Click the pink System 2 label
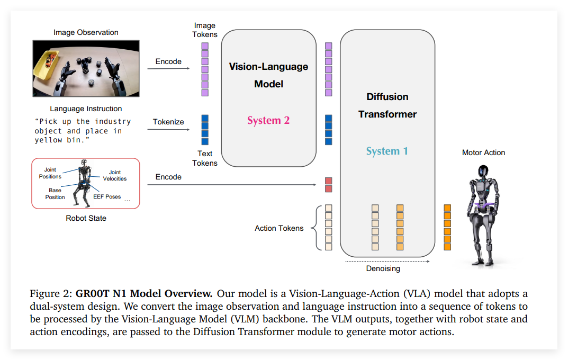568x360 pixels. coord(268,120)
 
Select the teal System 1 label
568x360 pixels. coord(387,151)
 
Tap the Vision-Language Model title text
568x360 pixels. coord(268,75)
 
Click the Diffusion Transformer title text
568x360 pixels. coord(387,105)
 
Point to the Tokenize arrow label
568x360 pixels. coord(168,122)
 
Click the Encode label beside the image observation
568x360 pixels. coord(168,61)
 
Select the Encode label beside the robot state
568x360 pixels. coord(168,177)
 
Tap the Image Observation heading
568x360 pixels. coord(86,33)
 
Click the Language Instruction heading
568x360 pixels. coord(86,109)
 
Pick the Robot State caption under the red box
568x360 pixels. coord(86,218)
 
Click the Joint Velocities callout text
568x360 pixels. coord(115,175)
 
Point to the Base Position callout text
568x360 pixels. coord(55,194)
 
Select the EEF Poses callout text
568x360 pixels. coord(107,196)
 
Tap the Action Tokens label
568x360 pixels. coord(279,228)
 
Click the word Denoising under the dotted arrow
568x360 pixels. coord(383,268)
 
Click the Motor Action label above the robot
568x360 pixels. coord(483,152)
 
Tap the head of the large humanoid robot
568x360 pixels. coord(483,172)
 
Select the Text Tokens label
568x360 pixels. coord(205,158)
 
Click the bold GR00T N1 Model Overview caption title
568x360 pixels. coord(144,294)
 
